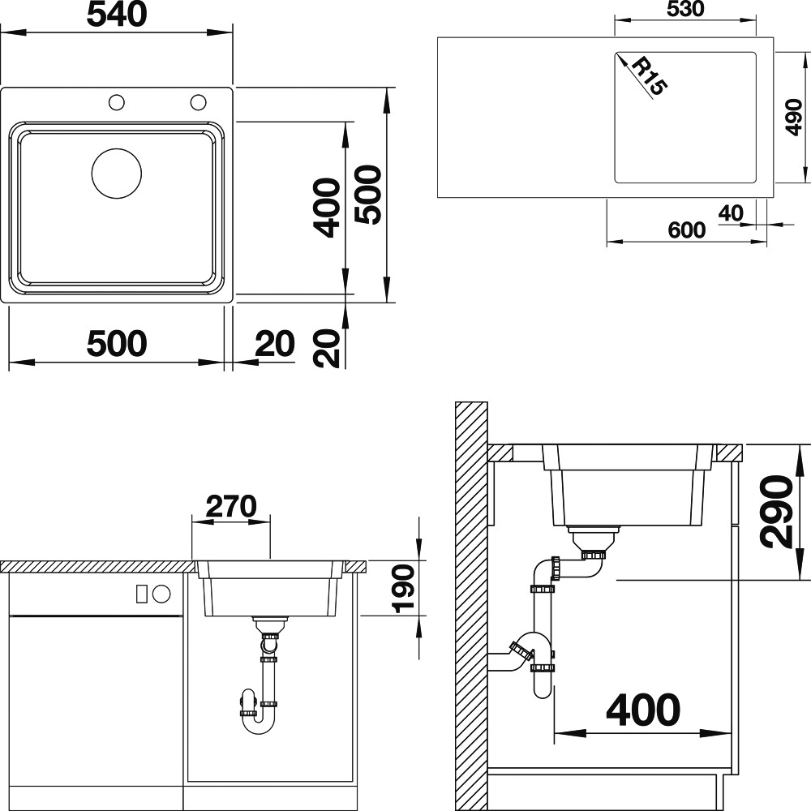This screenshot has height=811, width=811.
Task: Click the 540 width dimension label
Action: tap(117, 15)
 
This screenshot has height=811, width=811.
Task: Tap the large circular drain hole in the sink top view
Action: tap(116, 174)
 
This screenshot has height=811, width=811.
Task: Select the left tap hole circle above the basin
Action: tap(116, 102)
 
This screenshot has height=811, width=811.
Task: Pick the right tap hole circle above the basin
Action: tap(198, 102)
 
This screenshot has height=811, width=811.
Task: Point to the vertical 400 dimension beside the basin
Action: tap(328, 208)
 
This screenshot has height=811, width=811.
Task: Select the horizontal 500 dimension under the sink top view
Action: tap(117, 343)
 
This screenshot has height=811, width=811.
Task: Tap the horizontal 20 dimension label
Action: tap(275, 343)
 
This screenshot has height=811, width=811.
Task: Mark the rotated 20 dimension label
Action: tap(327, 348)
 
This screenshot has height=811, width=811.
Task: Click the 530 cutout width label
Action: tap(685, 9)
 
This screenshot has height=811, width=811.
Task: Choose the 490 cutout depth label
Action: tap(794, 118)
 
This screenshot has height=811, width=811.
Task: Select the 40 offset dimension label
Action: tap(731, 213)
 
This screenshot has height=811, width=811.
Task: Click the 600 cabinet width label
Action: tap(686, 230)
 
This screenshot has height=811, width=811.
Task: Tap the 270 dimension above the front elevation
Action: tap(231, 506)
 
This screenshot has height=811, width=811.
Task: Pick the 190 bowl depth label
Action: tap(404, 589)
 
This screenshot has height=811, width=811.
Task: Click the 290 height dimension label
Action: tap(776, 512)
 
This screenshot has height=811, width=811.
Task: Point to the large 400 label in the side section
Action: tap(643, 710)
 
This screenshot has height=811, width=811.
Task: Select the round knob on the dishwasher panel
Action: tap(161, 594)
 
